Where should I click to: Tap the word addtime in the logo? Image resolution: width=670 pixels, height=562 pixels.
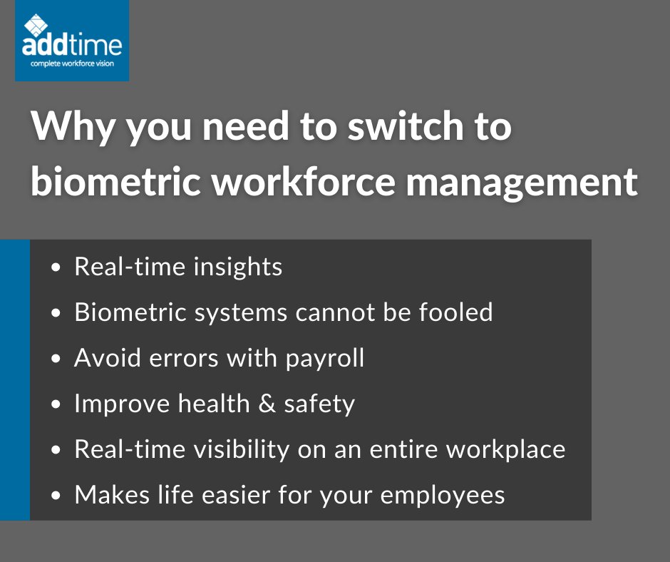tap(71, 46)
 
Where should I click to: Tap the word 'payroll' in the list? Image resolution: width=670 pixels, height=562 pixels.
tap(325, 359)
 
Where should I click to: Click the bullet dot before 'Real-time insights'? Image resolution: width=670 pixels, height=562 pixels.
tap(56, 268)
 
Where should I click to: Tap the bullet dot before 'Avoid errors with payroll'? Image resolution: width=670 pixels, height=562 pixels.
tap(56, 359)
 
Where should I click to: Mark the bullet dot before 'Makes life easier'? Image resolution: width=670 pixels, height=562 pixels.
tap(56, 496)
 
